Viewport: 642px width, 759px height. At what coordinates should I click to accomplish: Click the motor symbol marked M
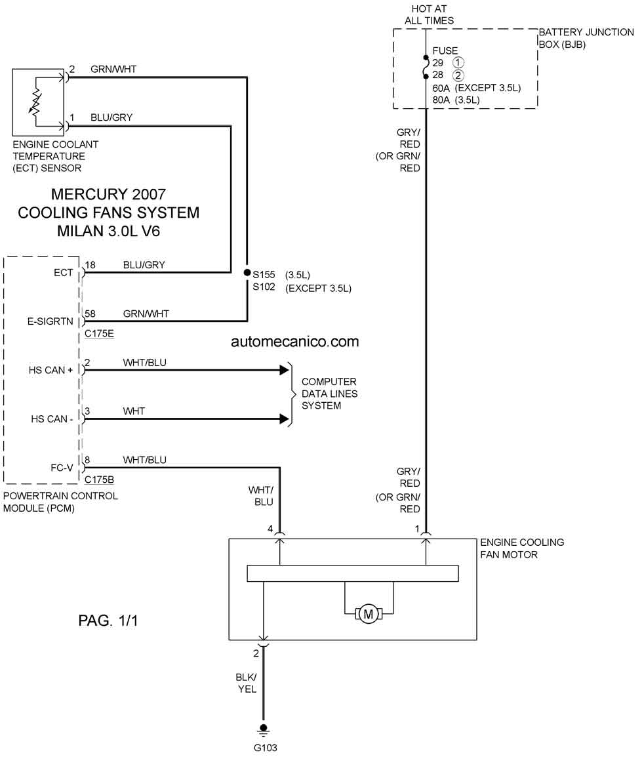(368, 614)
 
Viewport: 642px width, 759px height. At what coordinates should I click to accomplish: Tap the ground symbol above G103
(264, 730)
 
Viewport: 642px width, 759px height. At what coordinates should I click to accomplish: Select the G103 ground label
(265, 748)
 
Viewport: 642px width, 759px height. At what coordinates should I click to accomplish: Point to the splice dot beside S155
(247, 273)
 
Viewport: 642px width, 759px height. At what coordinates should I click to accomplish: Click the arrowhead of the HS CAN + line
(285, 370)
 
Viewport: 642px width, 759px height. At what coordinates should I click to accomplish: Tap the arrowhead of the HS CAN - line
(285, 419)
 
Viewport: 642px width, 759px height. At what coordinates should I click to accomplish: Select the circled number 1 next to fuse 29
(458, 62)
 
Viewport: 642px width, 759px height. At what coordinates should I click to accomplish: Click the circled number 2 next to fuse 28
(458, 75)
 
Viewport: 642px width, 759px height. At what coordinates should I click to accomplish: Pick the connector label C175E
(99, 333)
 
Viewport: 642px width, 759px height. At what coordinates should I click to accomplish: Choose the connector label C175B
(99, 480)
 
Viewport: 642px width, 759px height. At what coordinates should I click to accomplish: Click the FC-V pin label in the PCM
(62, 468)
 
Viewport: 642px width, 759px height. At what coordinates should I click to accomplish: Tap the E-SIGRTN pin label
(50, 321)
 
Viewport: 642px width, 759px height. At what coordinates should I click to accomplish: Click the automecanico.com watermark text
(295, 341)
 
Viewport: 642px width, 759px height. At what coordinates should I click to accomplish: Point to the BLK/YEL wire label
(247, 683)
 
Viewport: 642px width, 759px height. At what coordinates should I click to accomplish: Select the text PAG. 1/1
(108, 621)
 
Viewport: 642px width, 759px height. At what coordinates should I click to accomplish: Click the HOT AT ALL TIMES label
(429, 14)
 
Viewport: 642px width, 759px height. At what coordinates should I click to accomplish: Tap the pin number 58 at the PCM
(90, 314)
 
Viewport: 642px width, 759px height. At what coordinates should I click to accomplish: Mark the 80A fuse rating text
(441, 100)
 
